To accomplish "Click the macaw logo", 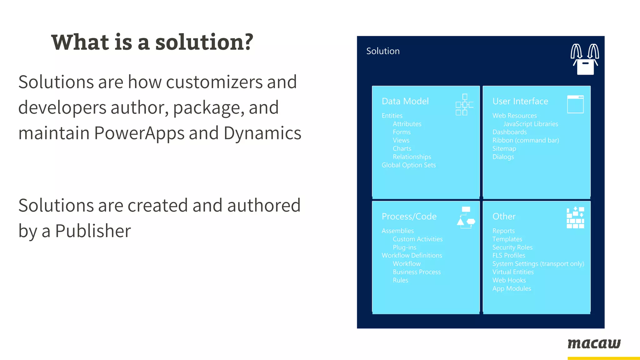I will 594,344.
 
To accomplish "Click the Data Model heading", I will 405,101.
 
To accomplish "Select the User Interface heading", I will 520,101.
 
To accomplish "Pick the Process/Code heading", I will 409,216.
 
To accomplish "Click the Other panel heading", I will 504,216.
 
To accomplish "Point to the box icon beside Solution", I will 585,59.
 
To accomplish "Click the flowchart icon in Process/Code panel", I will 466,217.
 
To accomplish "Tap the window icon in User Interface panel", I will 575,104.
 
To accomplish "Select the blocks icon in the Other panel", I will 575,217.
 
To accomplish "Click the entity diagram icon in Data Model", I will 464,105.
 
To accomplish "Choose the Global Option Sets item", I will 408,165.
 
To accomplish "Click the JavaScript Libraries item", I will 530,124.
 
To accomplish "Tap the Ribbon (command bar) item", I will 526,140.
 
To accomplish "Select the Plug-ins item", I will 404,247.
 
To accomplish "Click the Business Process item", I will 417,272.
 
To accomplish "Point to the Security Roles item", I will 512,247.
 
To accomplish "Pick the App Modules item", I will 512,288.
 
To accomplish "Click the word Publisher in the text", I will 93,231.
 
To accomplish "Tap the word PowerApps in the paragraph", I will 139,133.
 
